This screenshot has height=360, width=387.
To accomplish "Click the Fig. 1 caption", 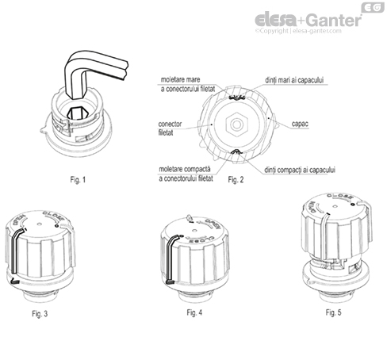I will tap(78, 178).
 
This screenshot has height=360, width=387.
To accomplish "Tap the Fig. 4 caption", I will tap(195, 313).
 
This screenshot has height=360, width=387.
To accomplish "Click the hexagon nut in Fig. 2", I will tap(235, 124).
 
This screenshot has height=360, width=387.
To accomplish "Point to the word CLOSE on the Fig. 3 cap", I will tap(49, 216).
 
